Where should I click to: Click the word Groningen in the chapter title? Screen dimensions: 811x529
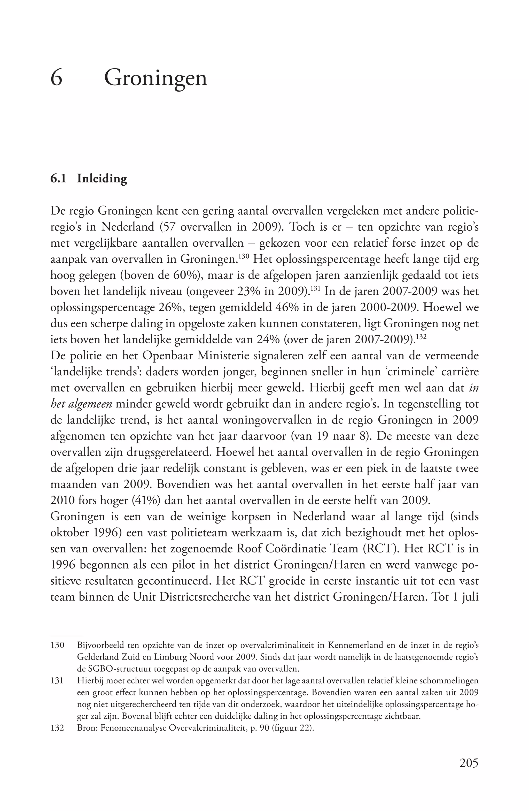(155, 78)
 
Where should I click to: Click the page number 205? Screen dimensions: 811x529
(469, 762)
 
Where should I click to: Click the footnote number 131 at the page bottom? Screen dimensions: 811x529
(57, 681)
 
